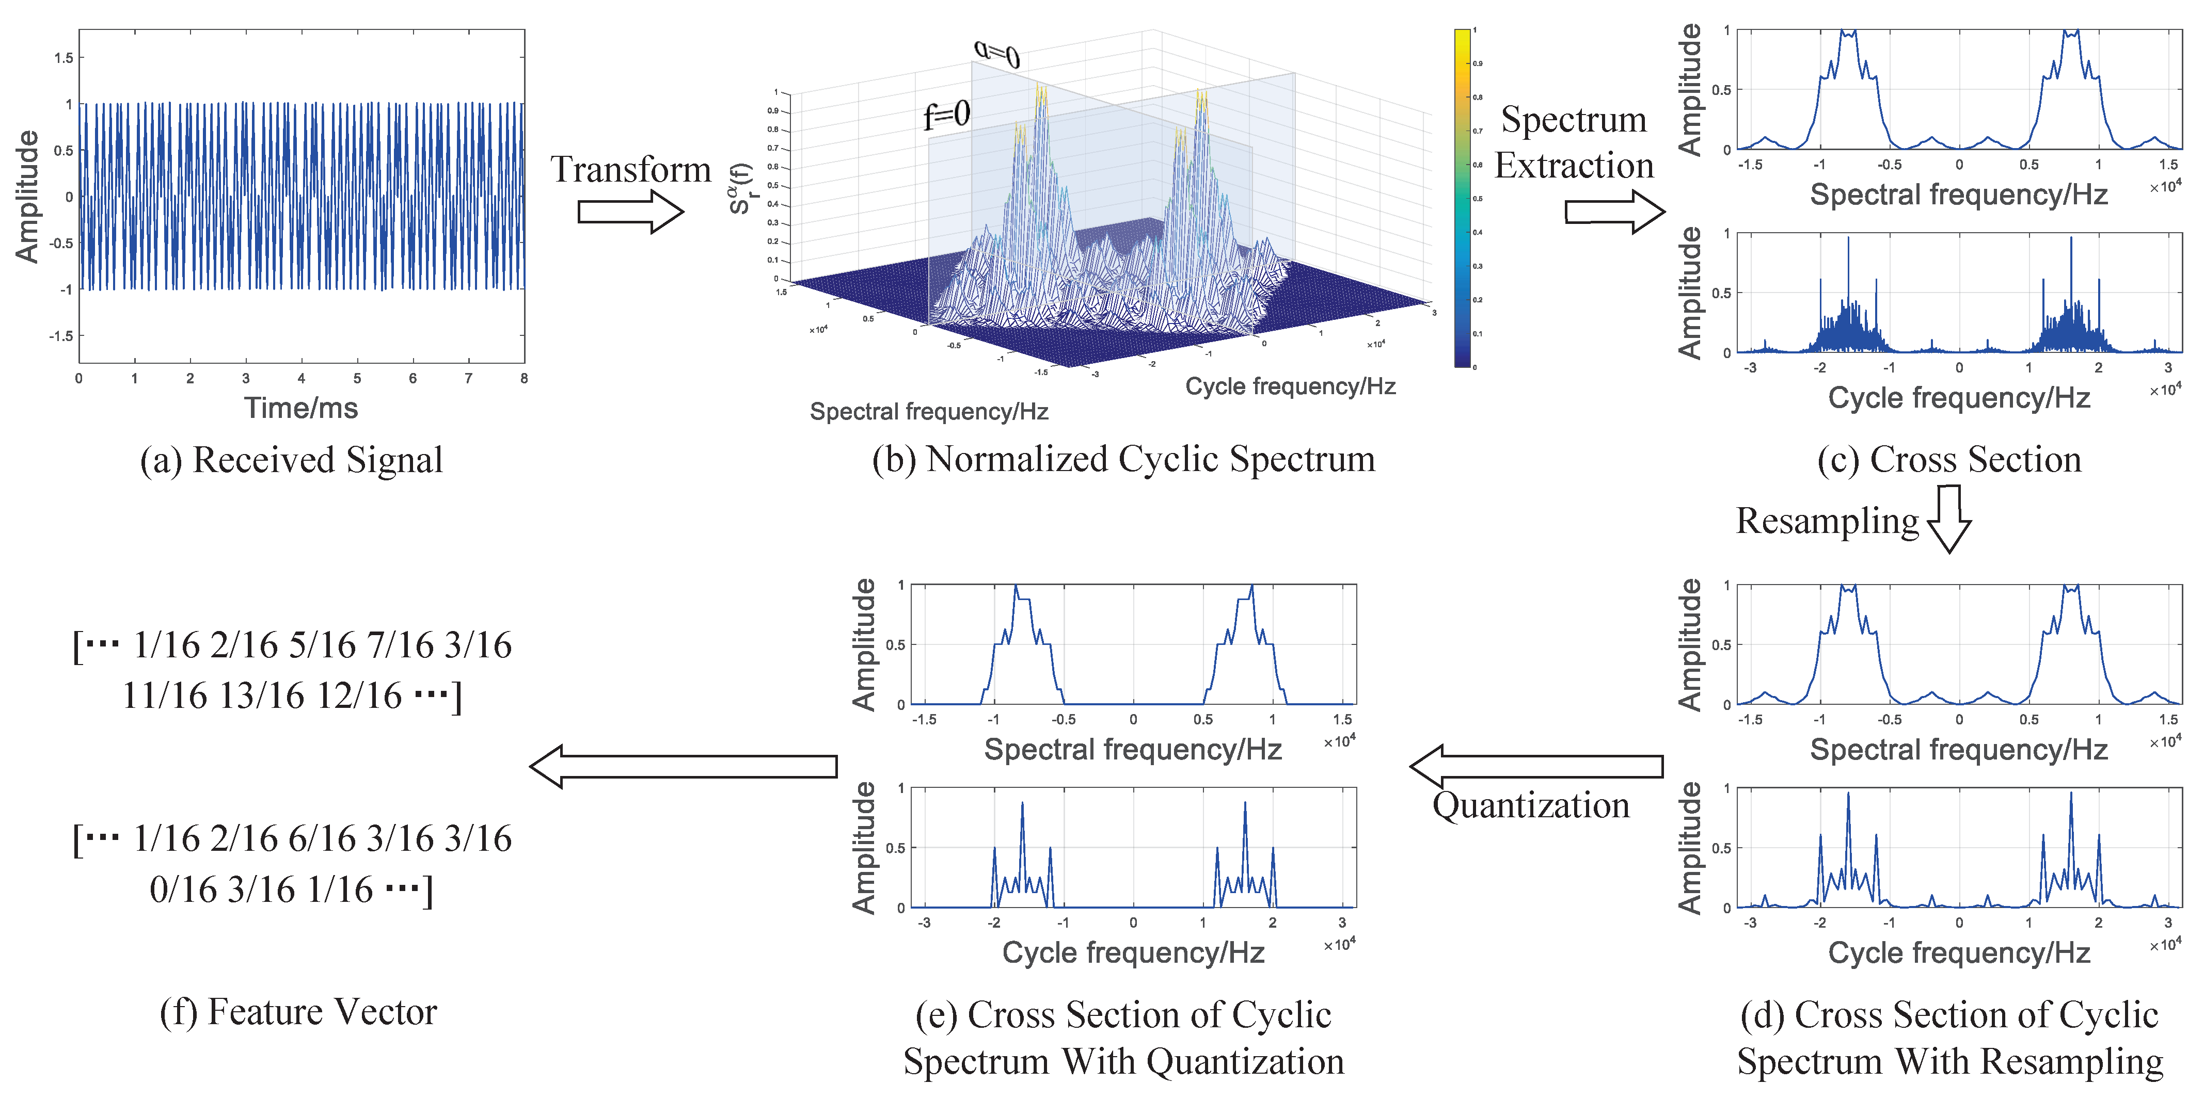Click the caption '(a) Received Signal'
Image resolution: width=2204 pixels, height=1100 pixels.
292,460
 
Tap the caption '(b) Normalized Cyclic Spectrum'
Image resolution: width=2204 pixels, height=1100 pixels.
1123,459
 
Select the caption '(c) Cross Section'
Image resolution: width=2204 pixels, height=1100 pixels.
1949,459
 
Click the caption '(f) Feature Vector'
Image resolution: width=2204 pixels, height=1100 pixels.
298,1012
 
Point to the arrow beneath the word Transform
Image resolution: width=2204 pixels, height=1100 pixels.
630,211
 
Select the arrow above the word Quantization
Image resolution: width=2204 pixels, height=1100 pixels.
1536,766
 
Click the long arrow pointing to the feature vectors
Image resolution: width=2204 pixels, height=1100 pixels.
683,766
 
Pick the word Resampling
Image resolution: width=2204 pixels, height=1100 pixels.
1827,521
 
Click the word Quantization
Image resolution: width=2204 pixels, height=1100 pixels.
1531,806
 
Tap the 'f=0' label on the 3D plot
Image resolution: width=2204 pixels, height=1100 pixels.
946,115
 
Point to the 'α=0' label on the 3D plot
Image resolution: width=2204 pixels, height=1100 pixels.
997,54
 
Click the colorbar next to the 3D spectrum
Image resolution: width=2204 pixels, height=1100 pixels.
1462,199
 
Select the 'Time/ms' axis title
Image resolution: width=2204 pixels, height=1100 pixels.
301,408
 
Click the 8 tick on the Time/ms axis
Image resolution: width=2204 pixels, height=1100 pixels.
524,378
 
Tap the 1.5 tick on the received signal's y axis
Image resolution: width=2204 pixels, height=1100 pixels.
64,58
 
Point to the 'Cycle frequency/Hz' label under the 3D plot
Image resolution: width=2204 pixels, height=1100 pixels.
1290,386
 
